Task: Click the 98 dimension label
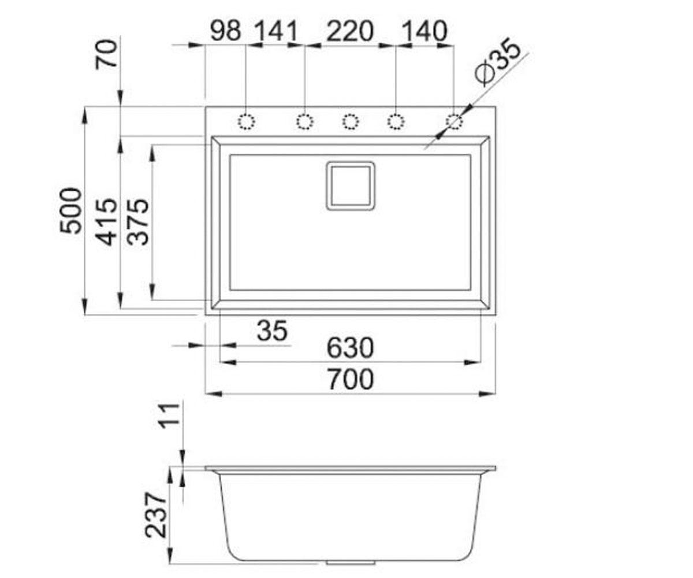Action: tap(226, 32)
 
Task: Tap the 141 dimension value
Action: tap(277, 32)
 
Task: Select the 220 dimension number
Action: tap(350, 32)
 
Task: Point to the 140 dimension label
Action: tap(425, 32)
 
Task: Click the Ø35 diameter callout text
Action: tap(497, 61)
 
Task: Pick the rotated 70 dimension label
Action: tap(106, 55)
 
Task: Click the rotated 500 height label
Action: tap(70, 211)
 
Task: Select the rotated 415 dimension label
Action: tap(106, 222)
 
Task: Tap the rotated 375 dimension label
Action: tap(138, 222)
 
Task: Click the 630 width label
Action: tap(350, 348)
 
